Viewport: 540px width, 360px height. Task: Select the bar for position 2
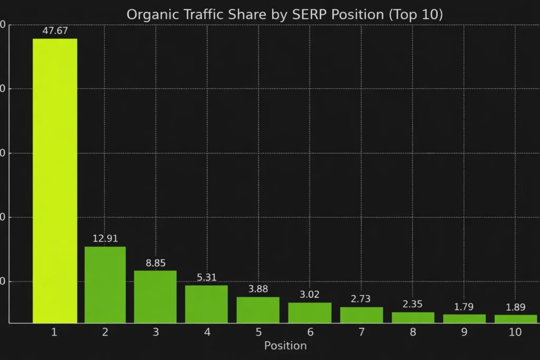click(x=105, y=285)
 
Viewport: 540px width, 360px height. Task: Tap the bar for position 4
click(x=206, y=304)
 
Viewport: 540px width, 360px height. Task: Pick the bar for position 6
click(x=310, y=313)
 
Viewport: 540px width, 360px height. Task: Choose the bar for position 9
click(x=464, y=318)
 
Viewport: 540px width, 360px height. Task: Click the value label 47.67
click(x=55, y=31)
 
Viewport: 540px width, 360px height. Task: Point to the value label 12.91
click(x=105, y=238)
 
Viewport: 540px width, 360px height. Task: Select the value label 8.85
click(x=156, y=263)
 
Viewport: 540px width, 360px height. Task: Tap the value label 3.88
click(x=258, y=289)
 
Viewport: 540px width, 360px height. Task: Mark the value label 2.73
click(x=361, y=299)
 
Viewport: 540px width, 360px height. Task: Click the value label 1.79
click(x=464, y=307)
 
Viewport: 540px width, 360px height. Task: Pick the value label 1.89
click(x=515, y=307)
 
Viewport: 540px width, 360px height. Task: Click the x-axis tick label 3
click(x=156, y=332)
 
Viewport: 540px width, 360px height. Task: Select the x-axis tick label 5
click(x=258, y=332)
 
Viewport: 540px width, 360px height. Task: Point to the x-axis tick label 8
click(x=413, y=332)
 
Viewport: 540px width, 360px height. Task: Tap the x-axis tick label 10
click(x=515, y=332)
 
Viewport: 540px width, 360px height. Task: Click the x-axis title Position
click(x=285, y=346)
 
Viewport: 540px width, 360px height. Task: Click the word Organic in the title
click(x=149, y=15)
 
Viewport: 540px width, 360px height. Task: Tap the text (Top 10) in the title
click(x=416, y=15)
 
